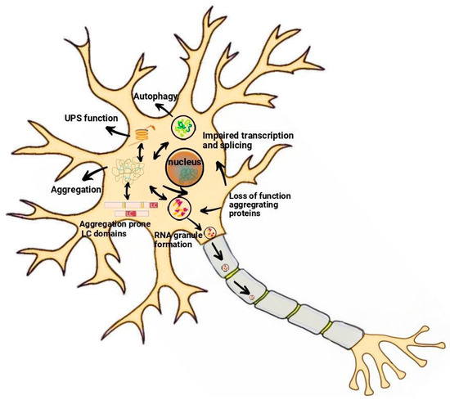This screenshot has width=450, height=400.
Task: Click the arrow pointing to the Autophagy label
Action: [x=169, y=112]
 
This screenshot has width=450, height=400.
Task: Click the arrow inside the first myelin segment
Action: [x=218, y=263]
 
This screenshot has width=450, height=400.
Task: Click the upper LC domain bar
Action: [x=131, y=204]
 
